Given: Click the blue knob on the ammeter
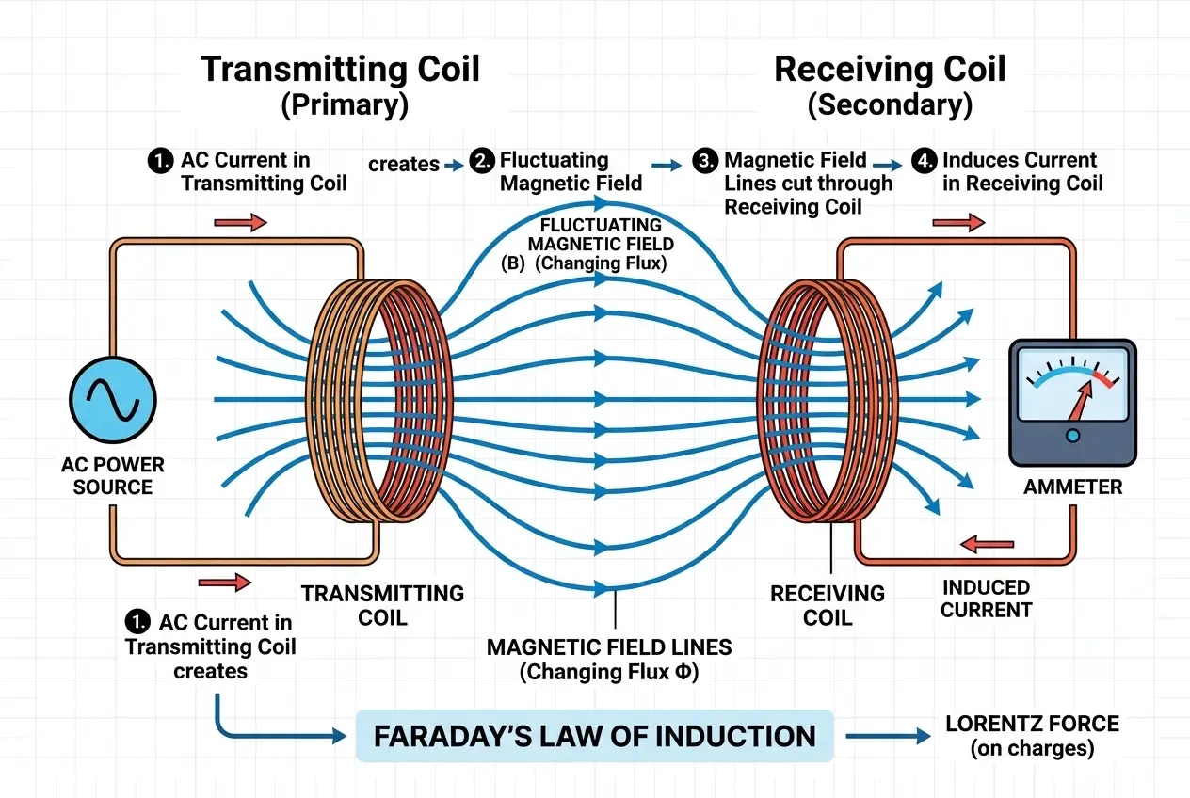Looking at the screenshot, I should pyautogui.click(x=1072, y=435).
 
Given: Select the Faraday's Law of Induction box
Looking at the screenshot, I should pyautogui.click(x=594, y=736).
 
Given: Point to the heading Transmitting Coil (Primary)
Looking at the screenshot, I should pyautogui.click(x=341, y=86).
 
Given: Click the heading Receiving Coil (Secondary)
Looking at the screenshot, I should pyautogui.click(x=890, y=86).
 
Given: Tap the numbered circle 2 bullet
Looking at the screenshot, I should pyautogui.click(x=486, y=161).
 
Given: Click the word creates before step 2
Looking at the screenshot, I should pyautogui.click(x=403, y=164).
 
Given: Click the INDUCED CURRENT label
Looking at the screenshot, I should pyautogui.click(x=986, y=598).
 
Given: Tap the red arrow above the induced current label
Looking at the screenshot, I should pyautogui.click(x=986, y=544).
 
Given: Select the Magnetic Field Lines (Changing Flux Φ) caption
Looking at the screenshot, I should pyautogui.click(x=608, y=659).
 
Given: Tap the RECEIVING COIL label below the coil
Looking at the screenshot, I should pyautogui.click(x=828, y=605).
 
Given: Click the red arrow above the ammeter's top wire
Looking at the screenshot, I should pyautogui.click(x=958, y=223).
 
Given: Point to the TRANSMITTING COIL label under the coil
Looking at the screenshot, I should pyautogui.click(x=382, y=605).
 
